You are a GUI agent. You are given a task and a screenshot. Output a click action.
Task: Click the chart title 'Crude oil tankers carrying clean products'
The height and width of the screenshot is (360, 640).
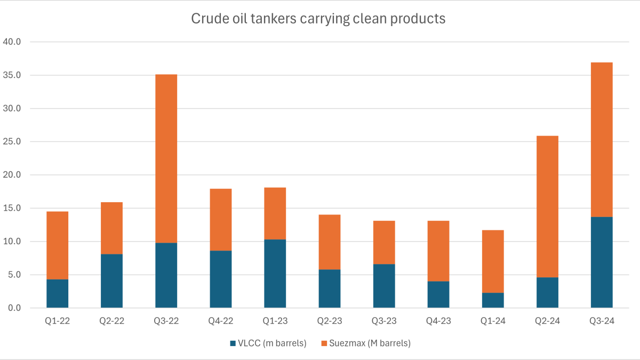(318, 19)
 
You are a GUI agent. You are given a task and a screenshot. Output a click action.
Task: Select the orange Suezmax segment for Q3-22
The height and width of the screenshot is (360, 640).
(166, 158)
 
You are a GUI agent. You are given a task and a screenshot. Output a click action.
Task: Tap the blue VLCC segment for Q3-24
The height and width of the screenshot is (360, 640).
(602, 262)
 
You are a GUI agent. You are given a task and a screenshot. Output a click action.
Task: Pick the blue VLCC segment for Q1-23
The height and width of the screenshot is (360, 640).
(275, 274)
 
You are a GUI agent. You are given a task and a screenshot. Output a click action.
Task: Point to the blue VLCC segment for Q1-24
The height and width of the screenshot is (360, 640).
(493, 300)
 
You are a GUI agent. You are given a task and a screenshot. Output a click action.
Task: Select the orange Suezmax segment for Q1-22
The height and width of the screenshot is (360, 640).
(57, 245)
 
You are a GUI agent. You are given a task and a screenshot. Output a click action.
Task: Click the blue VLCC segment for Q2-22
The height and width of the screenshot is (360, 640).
(111, 281)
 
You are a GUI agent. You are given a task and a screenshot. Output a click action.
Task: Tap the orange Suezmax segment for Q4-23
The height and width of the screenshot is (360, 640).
(438, 251)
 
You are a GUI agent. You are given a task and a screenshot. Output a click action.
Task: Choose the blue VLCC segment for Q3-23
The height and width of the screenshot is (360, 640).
(384, 286)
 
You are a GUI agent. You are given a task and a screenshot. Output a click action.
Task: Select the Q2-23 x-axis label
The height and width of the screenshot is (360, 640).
(329, 322)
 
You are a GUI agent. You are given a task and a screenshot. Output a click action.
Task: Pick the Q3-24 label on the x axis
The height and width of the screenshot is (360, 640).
(602, 322)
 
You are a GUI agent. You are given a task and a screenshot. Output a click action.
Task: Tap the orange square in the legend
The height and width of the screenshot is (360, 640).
(324, 343)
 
